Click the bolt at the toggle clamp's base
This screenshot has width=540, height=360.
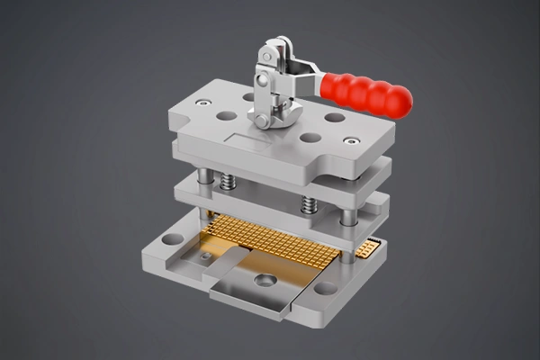coord(261,120)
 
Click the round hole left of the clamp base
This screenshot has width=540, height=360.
coord(226,115)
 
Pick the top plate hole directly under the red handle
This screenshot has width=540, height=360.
coord(335,117)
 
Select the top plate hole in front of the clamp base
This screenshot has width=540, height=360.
coord(310,138)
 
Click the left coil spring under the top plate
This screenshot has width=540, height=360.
coord(229,183)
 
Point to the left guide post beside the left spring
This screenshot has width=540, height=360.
coord(207,176)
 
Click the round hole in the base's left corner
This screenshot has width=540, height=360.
coord(173,239)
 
